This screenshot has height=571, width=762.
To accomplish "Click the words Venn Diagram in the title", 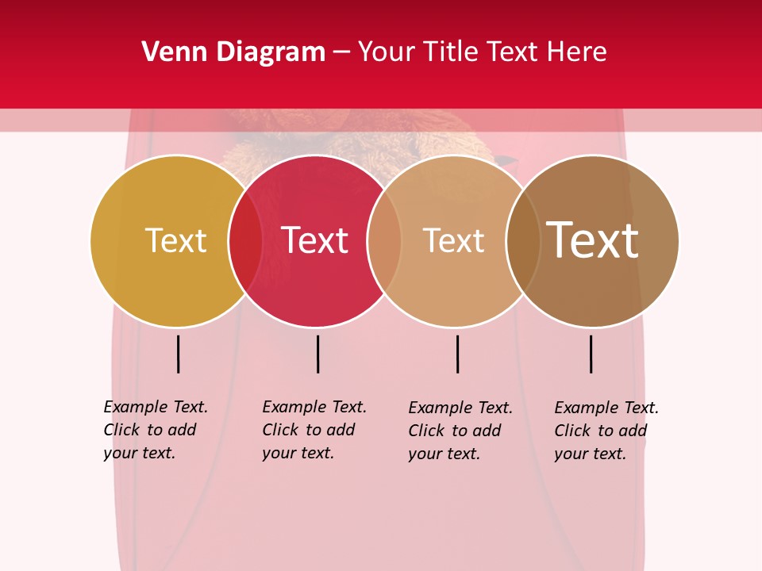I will click(233, 52).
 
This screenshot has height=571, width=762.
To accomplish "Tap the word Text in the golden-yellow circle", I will click(175, 240).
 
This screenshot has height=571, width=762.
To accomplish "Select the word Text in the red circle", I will click(314, 240).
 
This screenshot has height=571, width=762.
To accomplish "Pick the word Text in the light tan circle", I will click(453, 240).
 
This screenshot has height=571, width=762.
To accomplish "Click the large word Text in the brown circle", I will click(592, 240).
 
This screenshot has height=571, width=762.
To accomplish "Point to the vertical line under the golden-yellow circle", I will click(179, 354).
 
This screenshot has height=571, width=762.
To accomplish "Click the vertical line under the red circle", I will click(317, 354).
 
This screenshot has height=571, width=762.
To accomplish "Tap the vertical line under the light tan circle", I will click(457, 354).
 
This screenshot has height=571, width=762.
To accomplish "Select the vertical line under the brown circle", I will click(591, 354).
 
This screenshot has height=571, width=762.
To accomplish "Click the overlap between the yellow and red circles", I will click(245, 241).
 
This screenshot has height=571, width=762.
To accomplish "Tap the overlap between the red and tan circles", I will click(384, 241).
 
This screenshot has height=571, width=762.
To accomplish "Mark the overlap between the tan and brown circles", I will click(523, 241).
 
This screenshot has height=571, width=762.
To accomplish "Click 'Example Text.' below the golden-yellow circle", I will click(156, 407).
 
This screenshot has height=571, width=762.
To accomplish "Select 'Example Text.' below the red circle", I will click(314, 407).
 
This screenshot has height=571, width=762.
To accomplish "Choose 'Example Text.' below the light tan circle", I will click(460, 408).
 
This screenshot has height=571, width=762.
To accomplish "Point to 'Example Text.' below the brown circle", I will click(606, 408).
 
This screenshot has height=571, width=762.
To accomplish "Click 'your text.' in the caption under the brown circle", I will click(590, 454).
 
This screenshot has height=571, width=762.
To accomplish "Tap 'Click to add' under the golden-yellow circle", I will click(149, 430).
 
